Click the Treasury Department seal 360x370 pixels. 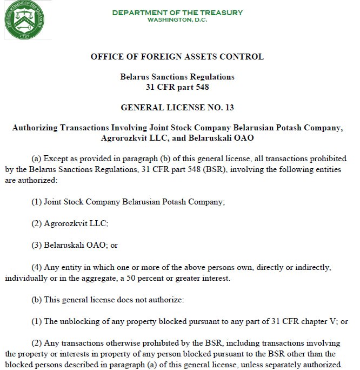[24, 20]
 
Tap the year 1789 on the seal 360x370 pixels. [24, 36]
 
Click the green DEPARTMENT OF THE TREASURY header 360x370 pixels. [177, 12]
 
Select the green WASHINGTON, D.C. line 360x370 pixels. [177, 20]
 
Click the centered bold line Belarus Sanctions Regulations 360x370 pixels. [177, 77]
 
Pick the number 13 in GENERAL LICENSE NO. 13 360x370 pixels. [229, 107]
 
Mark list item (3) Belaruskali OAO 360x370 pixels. [75, 245]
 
